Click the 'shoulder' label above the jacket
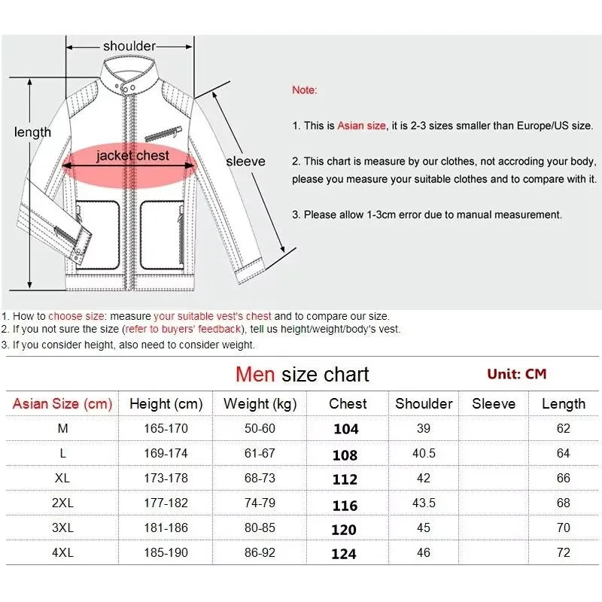pyautogui.click(x=129, y=46)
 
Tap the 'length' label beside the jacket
pyautogui.click(x=33, y=132)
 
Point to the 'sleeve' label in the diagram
pyautogui.click(x=246, y=161)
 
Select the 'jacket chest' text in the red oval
pyautogui.click(x=132, y=156)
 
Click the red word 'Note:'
pyautogui.click(x=305, y=90)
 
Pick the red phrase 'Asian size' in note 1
pyautogui.click(x=361, y=126)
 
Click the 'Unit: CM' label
pyautogui.click(x=516, y=374)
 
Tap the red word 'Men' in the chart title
pyautogui.click(x=255, y=374)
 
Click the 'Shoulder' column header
pyautogui.click(x=424, y=404)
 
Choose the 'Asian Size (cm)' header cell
pyautogui.click(x=62, y=404)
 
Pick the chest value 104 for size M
pyautogui.click(x=346, y=429)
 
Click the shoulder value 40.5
pyautogui.click(x=424, y=454)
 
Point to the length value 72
pyautogui.click(x=564, y=553)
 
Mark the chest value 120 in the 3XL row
pyautogui.click(x=344, y=529)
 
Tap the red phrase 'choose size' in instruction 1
pyautogui.click(x=76, y=317)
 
